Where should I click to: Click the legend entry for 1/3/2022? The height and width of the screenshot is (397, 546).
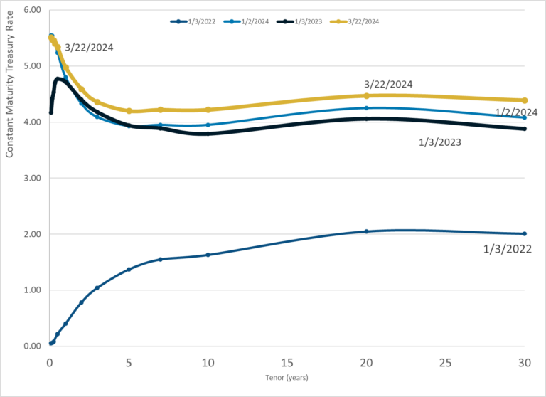click(x=193, y=22)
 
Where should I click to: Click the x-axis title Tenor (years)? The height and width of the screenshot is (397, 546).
click(x=286, y=377)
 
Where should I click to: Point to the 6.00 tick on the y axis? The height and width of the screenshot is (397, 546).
click(x=32, y=10)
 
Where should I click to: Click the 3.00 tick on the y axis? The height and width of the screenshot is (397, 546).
click(x=32, y=178)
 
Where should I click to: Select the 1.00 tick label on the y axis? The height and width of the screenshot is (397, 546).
click(x=32, y=290)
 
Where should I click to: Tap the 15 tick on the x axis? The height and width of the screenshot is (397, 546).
click(x=287, y=361)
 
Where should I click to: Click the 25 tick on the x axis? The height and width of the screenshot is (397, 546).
click(x=446, y=361)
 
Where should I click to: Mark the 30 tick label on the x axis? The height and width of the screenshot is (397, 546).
click(x=525, y=361)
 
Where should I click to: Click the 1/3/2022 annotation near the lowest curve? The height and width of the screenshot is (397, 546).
click(x=508, y=249)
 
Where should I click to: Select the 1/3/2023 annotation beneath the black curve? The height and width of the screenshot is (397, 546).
click(x=440, y=142)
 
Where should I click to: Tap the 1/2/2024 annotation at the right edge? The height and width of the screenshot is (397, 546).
click(x=516, y=112)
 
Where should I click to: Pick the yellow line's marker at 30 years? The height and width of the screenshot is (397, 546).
click(x=525, y=100)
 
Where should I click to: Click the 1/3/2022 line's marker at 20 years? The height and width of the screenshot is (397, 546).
click(x=366, y=231)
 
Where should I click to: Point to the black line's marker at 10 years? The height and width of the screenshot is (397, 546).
click(x=208, y=134)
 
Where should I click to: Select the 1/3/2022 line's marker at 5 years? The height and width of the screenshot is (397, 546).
click(x=129, y=269)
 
